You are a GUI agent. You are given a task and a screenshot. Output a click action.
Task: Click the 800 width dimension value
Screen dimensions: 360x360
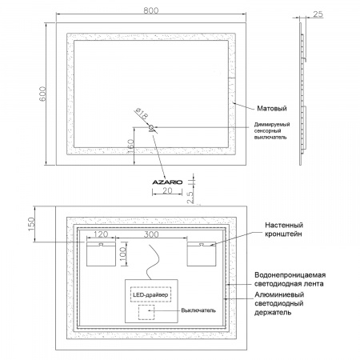click(x=151, y=10)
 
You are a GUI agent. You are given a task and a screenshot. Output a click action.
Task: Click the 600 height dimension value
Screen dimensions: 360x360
click(x=42, y=94)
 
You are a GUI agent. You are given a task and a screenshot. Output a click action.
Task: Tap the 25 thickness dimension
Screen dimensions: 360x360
click(x=318, y=14)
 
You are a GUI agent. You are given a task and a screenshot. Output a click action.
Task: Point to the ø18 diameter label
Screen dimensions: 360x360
click(x=142, y=114)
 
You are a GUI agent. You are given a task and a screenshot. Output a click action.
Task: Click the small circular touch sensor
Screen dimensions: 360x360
click(x=151, y=127)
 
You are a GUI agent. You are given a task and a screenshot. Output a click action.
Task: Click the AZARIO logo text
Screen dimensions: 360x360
click(x=167, y=182)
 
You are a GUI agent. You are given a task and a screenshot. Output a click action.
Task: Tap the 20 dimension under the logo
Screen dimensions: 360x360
click(x=167, y=190)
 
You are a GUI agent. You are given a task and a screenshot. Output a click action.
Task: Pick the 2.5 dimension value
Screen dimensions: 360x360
click(x=190, y=198)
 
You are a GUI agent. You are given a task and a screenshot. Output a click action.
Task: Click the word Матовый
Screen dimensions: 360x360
click(x=272, y=108)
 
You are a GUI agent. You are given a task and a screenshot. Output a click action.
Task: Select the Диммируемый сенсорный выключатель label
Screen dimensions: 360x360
click(x=272, y=130)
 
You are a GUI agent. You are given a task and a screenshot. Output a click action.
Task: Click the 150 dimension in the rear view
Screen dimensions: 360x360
click(x=31, y=224)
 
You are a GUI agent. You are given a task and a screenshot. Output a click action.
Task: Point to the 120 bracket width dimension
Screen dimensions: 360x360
click(x=101, y=234)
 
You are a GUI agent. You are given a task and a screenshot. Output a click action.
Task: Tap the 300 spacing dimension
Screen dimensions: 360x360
click(x=151, y=234)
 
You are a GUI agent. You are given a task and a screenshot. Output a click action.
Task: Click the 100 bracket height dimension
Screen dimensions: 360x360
click(x=123, y=254)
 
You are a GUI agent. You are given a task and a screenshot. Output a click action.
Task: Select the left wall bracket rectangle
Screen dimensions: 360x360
click(x=101, y=254)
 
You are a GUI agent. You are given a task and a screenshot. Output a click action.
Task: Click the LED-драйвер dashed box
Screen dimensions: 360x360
click(x=150, y=294)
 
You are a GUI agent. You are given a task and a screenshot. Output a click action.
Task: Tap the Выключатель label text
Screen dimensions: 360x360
click(x=198, y=310)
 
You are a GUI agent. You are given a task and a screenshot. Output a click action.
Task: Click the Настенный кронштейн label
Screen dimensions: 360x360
click(x=284, y=230)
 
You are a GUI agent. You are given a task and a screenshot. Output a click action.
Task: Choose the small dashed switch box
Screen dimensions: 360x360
click(x=146, y=312)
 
